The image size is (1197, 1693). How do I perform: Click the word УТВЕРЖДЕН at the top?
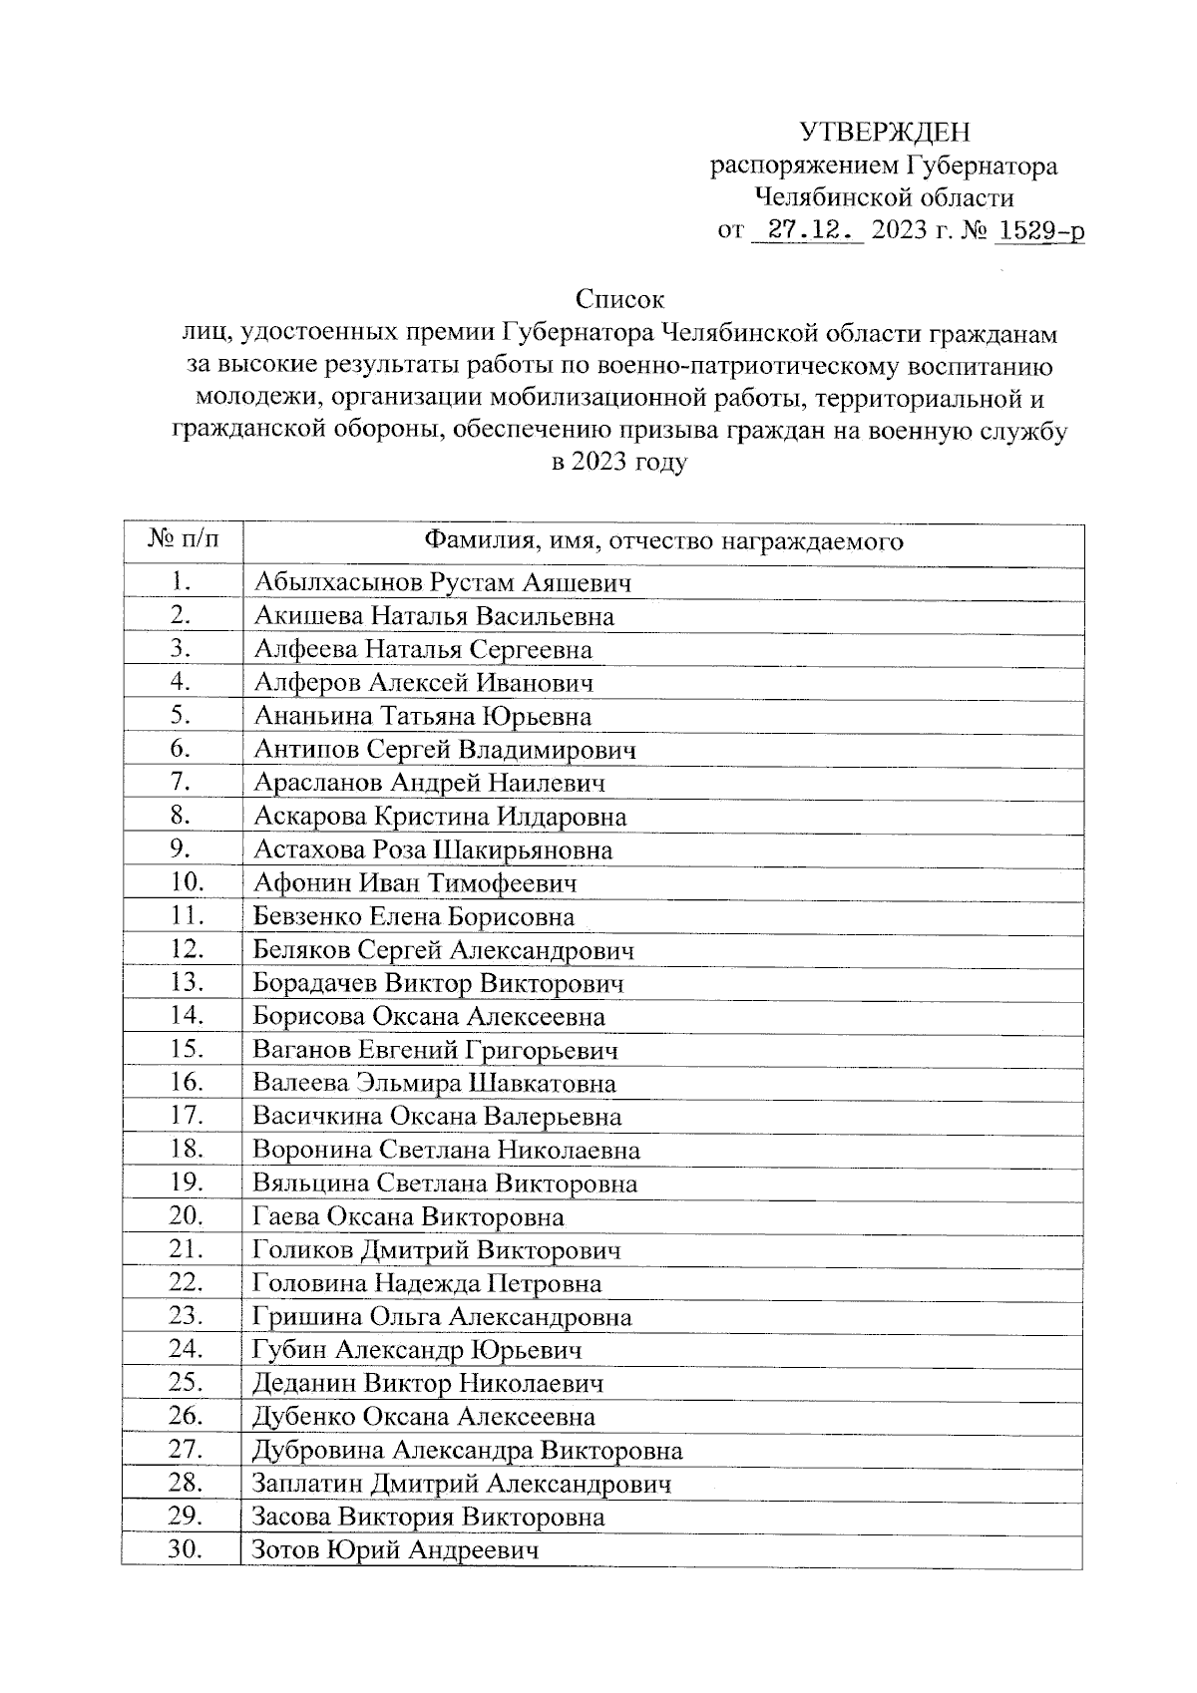click(885, 133)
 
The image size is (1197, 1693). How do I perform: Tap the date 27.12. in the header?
click(808, 231)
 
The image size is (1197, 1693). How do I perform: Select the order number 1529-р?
click(1040, 231)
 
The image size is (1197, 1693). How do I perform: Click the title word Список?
click(619, 299)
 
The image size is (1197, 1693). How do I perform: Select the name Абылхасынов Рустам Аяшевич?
click(442, 583)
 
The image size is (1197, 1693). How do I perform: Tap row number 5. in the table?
click(182, 716)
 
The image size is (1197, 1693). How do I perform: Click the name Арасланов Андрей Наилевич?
click(429, 784)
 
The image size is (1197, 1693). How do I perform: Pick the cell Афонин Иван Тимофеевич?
click(415, 883)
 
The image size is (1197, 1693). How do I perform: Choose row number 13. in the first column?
click(188, 983)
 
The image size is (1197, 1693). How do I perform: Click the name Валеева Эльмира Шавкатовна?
click(434, 1084)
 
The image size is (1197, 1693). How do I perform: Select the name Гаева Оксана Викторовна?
click(408, 1217)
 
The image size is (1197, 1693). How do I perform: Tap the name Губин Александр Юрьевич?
click(417, 1351)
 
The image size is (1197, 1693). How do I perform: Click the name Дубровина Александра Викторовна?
click(468, 1451)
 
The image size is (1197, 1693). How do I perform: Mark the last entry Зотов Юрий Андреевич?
click(396, 1551)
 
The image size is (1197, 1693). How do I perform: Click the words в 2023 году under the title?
click(619, 464)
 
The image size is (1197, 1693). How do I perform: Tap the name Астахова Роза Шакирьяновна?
click(433, 850)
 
